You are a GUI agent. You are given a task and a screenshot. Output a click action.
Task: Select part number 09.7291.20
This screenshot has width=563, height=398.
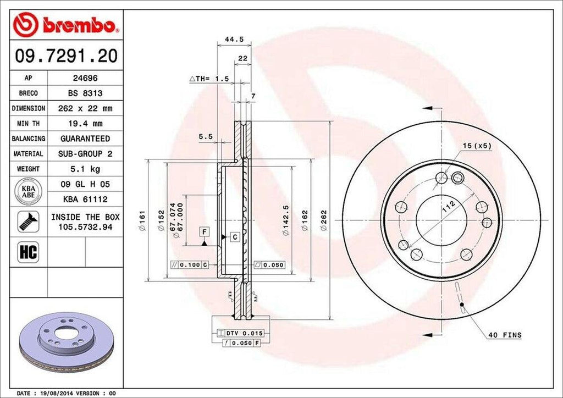(66, 56)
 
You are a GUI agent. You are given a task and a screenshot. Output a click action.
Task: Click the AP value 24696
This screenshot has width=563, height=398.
(85, 78)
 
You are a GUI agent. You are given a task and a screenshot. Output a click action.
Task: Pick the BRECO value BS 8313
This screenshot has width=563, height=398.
(85, 93)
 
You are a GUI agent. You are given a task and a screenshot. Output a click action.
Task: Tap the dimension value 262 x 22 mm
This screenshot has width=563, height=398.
(85, 108)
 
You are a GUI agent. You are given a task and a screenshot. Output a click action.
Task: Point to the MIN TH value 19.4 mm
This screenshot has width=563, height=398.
(85, 124)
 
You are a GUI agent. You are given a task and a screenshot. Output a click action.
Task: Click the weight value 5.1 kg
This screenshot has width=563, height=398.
(85, 169)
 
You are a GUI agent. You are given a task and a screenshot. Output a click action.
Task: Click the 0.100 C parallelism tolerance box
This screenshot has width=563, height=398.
(190, 265)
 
